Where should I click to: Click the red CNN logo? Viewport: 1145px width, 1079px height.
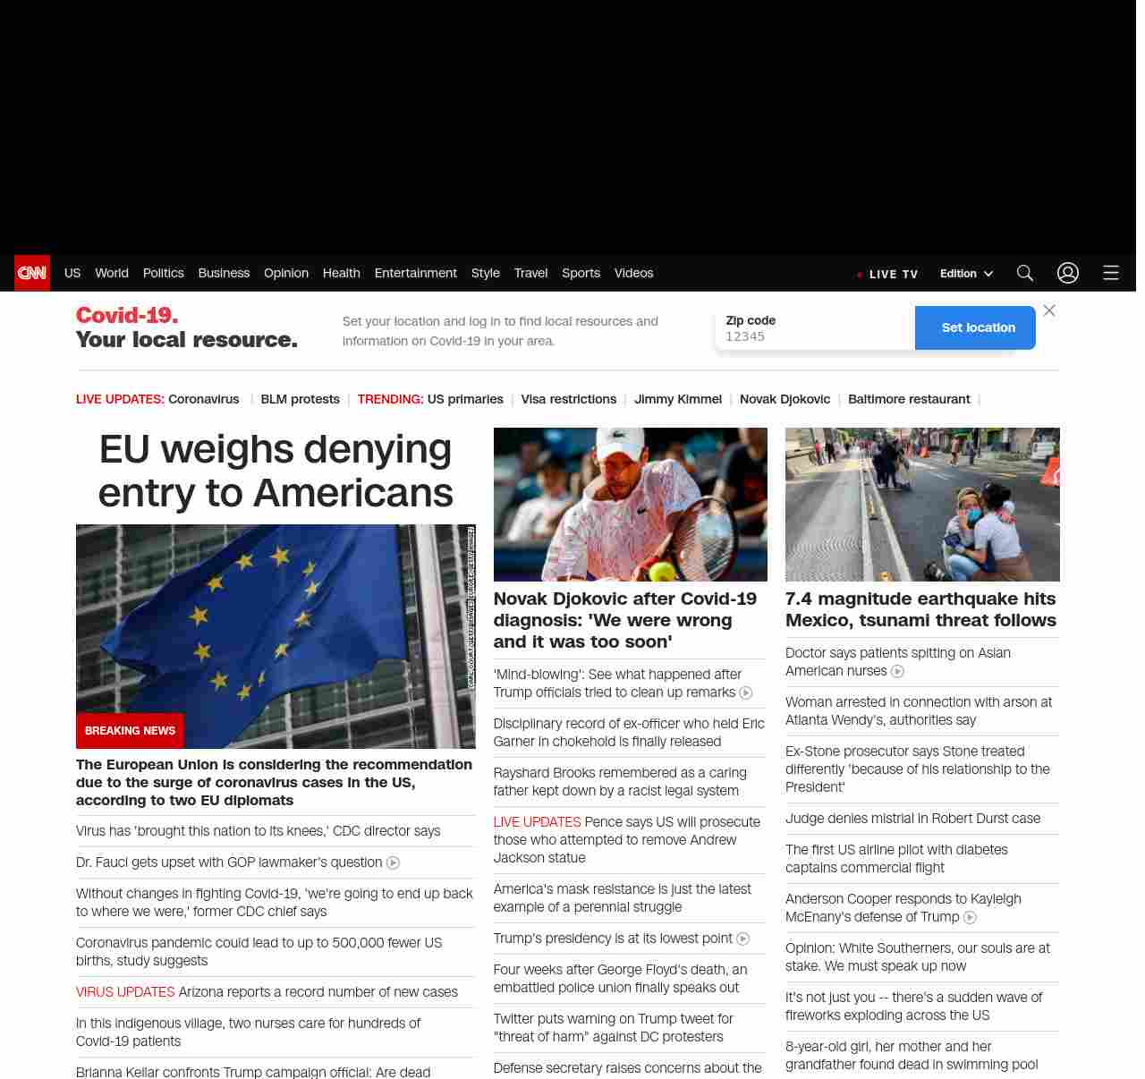(x=32, y=273)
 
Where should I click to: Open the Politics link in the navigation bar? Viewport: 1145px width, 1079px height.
(x=163, y=273)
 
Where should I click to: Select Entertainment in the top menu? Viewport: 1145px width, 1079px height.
(x=415, y=273)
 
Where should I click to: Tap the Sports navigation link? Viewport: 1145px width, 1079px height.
(x=581, y=273)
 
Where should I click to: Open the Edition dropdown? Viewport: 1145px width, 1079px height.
(x=966, y=274)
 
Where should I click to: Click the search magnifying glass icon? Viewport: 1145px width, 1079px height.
(x=1025, y=273)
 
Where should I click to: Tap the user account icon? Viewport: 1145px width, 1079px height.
(x=1068, y=273)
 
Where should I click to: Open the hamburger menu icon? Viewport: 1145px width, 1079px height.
(x=1111, y=273)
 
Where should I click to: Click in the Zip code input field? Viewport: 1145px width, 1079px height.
(x=814, y=336)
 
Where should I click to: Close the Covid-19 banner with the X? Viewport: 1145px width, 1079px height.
(x=1049, y=310)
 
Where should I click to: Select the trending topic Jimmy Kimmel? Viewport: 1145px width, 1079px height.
(x=678, y=399)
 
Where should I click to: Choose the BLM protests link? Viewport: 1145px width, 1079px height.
(x=300, y=399)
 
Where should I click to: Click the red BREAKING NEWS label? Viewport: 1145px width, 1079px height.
(x=130, y=731)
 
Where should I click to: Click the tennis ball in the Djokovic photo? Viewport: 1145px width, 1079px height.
(x=663, y=571)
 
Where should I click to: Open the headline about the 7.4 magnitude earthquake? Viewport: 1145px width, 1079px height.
(x=920, y=609)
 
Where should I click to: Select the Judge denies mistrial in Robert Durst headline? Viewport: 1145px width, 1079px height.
(x=912, y=819)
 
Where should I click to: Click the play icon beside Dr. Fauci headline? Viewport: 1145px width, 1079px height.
(x=393, y=862)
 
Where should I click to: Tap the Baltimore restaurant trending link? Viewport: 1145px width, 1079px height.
(x=909, y=399)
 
